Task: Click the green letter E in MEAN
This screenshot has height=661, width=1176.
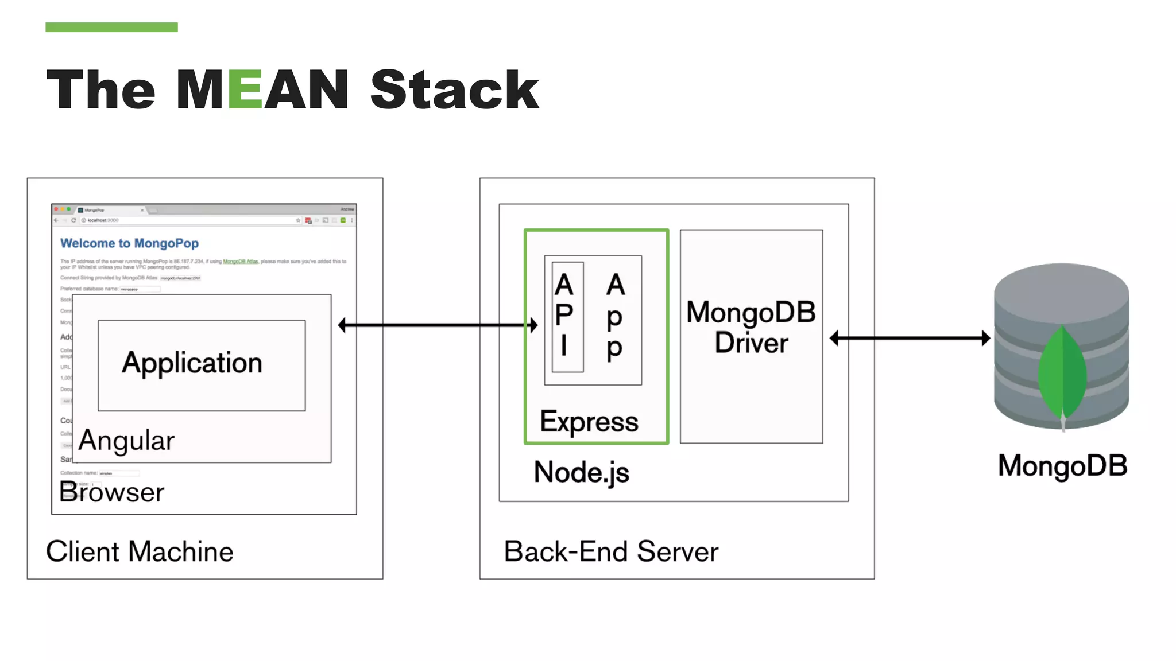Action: click(x=246, y=90)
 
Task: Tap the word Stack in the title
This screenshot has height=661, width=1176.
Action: click(x=454, y=90)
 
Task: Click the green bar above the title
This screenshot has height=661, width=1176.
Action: click(x=111, y=27)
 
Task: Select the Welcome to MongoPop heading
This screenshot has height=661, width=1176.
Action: click(x=129, y=243)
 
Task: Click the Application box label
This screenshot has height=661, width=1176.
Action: click(x=192, y=363)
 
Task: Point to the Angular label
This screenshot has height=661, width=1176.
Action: click(x=126, y=441)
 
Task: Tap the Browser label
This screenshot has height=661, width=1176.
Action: click(x=112, y=492)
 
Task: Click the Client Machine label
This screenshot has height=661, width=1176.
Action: click(x=140, y=551)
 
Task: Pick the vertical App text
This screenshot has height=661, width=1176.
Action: click(x=615, y=317)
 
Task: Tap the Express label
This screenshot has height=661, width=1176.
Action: click(x=589, y=422)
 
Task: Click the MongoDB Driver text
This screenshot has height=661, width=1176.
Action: click(x=751, y=328)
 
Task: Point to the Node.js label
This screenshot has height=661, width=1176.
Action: click(x=581, y=472)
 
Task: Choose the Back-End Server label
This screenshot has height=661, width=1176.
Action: click(x=611, y=551)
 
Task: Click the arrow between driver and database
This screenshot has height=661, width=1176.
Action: click(x=910, y=338)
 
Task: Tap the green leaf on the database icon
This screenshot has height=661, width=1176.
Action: click(x=1062, y=373)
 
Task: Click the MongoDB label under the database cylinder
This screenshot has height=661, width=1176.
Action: click(x=1062, y=465)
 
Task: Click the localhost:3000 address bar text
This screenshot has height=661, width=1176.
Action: click(x=103, y=220)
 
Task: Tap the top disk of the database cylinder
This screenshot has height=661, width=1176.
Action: click(x=1061, y=287)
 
